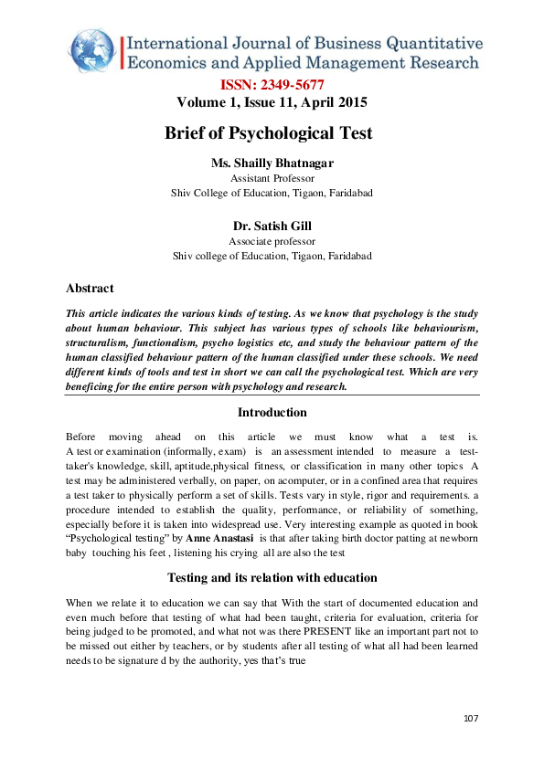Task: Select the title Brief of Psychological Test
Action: (x=269, y=133)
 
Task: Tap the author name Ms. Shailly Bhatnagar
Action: (x=272, y=163)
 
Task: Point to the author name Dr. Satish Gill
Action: (x=272, y=226)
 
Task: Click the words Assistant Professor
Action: (x=272, y=178)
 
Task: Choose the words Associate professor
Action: (x=272, y=241)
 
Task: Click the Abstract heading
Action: (x=91, y=289)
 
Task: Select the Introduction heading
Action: (x=272, y=412)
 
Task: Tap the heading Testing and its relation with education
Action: (x=272, y=577)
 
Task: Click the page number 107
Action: (x=471, y=720)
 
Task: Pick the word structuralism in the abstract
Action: (x=99, y=342)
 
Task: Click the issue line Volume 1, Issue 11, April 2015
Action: (x=272, y=102)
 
